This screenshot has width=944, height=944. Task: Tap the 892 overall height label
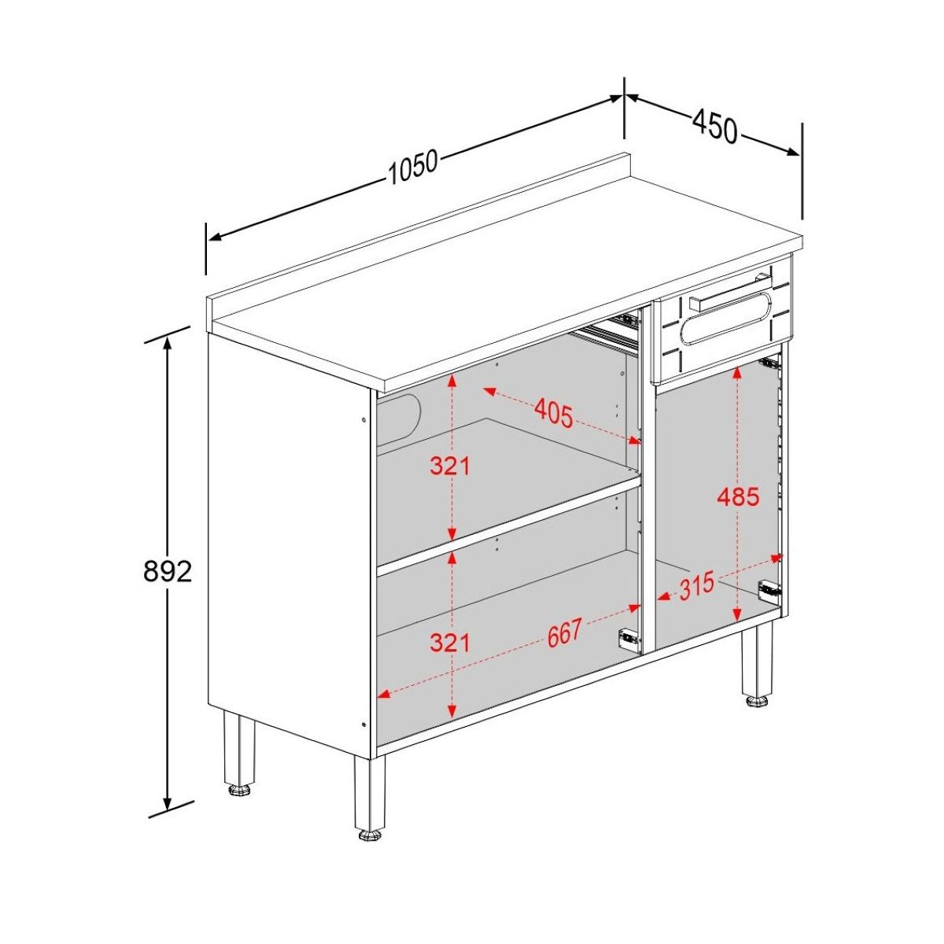[x=168, y=571]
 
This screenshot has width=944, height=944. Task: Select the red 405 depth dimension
[x=554, y=412]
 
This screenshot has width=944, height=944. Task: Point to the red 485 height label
[x=738, y=497]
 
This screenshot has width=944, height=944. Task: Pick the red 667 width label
[x=565, y=632]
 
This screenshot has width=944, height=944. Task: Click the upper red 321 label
[x=450, y=466]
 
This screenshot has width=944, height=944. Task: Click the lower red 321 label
[x=450, y=642]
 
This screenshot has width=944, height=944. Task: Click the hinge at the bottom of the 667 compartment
[x=628, y=638]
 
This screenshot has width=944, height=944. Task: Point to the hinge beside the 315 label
[x=769, y=590]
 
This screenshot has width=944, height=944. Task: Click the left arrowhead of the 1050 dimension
[x=216, y=238]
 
